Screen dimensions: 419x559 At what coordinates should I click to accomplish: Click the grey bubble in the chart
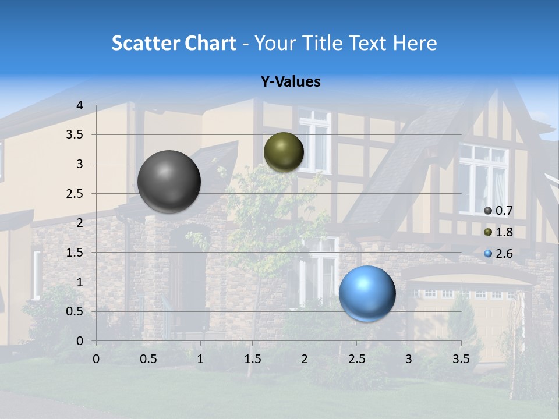click(169, 182)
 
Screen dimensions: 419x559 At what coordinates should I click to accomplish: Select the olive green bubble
click(284, 152)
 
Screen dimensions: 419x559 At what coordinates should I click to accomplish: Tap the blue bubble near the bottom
click(367, 294)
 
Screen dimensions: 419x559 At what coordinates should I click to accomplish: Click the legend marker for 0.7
click(488, 211)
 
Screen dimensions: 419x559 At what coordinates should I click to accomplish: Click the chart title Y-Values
click(291, 82)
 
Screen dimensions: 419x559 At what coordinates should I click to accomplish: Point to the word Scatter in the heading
click(146, 43)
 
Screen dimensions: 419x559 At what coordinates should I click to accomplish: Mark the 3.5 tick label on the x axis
click(461, 359)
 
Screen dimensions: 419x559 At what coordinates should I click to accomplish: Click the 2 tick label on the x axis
click(305, 359)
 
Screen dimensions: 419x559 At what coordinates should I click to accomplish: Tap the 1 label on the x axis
click(200, 359)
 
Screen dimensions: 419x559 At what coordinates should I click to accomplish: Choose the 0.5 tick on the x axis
click(148, 359)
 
